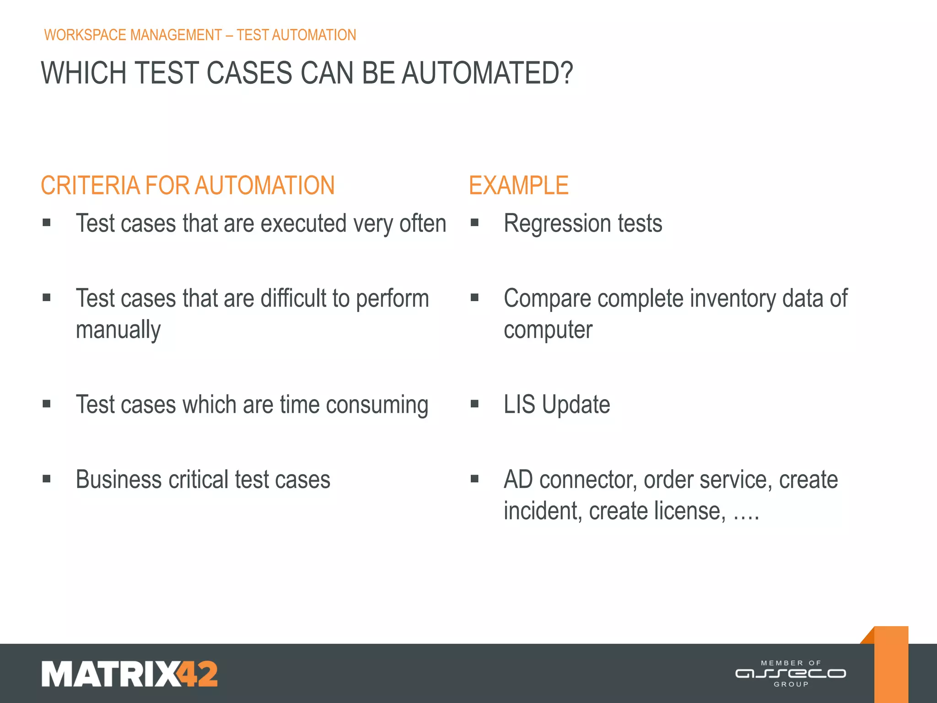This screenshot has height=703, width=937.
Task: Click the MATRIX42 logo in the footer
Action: pyautogui.click(x=129, y=674)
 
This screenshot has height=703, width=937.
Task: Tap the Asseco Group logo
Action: pyautogui.click(x=791, y=674)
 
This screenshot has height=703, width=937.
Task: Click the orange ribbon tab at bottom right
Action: pyautogui.click(x=891, y=664)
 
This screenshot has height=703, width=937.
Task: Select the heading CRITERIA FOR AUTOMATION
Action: pyautogui.click(x=188, y=186)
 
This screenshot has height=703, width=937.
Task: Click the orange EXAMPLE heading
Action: pyautogui.click(x=518, y=186)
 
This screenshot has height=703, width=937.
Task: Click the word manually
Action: pyautogui.click(x=118, y=330)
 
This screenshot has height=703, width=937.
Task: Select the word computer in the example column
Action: pyautogui.click(x=548, y=330)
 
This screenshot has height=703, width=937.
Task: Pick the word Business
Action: pyautogui.click(x=118, y=480)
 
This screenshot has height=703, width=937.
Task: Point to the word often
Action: pyautogui.click(x=423, y=224)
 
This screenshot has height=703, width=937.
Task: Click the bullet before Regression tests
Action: pyautogui.click(x=474, y=223)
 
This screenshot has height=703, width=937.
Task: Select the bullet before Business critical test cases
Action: pyautogui.click(x=46, y=479)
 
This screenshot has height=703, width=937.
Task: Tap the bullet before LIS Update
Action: pyautogui.click(x=474, y=404)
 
